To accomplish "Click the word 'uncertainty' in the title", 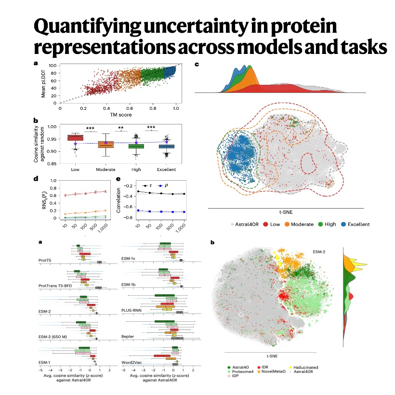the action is click(196, 27).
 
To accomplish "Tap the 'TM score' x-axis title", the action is click(121, 115).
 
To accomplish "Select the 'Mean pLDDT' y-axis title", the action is click(43, 84).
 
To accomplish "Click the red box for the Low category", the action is click(75, 138).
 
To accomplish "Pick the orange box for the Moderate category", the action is click(106, 145).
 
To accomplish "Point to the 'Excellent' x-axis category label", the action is click(167, 170).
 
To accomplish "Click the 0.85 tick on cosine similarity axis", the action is click(52, 164).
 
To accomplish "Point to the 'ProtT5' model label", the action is click(45, 260).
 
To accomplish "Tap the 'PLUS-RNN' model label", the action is click(132, 310).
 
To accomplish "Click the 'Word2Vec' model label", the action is click(132, 363).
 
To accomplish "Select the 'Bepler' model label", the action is click(128, 336).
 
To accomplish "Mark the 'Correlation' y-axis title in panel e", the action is click(118, 200).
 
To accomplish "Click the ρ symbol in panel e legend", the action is click(166, 185).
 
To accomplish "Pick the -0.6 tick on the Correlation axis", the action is click(129, 207).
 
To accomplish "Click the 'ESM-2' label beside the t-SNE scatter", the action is click(319, 252).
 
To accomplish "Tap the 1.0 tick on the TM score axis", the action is click(176, 108).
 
